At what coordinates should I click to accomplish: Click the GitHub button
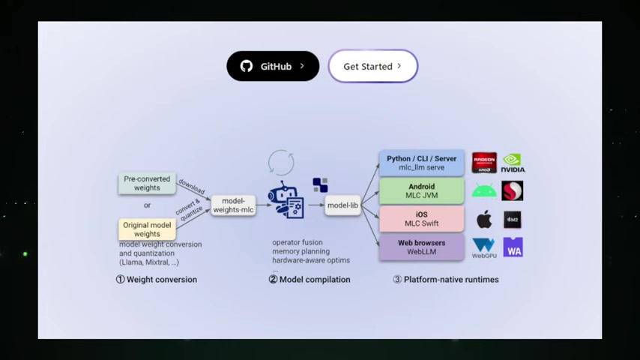pyautogui.click(x=273, y=66)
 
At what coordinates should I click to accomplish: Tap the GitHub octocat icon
pyautogui.click(x=247, y=66)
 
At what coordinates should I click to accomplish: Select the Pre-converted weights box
pyautogui.click(x=147, y=184)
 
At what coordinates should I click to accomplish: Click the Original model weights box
pyautogui.click(x=147, y=229)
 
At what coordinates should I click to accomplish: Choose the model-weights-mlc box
pyautogui.click(x=233, y=205)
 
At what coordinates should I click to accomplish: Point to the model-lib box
pyautogui.click(x=342, y=205)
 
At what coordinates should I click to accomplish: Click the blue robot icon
pyautogui.click(x=286, y=200)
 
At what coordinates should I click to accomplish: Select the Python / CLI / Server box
pyautogui.click(x=421, y=163)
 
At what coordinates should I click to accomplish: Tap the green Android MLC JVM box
pyautogui.click(x=421, y=191)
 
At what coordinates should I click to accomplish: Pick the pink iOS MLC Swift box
pyautogui.click(x=421, y=219)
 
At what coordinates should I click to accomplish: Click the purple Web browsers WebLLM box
pyautogui.click(x=421, y=247)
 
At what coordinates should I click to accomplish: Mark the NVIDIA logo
pyautogui.click(x=513, y=163)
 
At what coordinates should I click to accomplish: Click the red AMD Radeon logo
pyautogui.click(x=484, y=163)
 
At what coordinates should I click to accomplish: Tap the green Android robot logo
pyautogui.click(x=484, y=191)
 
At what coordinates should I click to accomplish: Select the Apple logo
pyautogui.click(x=484, y=220)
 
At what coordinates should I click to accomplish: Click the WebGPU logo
pyautogui.click(x=484, y=247)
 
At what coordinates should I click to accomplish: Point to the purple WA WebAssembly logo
pyautogui.click(x=513, y=247)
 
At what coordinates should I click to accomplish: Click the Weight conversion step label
pyautogui.click(x=157, y=280)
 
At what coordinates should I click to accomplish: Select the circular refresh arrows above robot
pyautogui.click(x=281, y=162)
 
